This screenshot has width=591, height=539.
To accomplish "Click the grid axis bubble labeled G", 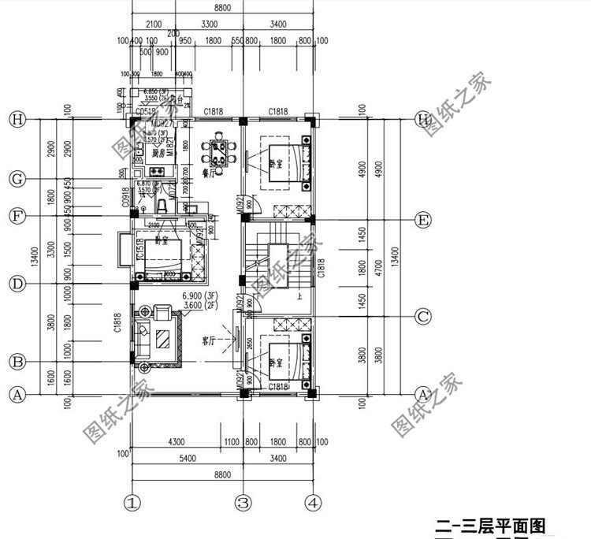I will (x=15, y=179).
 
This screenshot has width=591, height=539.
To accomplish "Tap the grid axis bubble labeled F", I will (x=15, y=215).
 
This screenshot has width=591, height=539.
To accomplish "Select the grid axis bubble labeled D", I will (x=15, y=282).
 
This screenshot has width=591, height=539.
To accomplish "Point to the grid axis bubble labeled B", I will (x=15, y=362).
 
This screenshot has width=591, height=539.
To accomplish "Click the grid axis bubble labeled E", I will (x=423, y=220).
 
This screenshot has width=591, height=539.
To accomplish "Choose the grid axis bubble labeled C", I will (x=423, y=318).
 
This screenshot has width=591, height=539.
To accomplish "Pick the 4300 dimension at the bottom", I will (x=176, y=442).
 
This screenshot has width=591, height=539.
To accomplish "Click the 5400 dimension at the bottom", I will (x=187, y=457).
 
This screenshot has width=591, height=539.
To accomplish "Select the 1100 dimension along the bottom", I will (x=231, y=442).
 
